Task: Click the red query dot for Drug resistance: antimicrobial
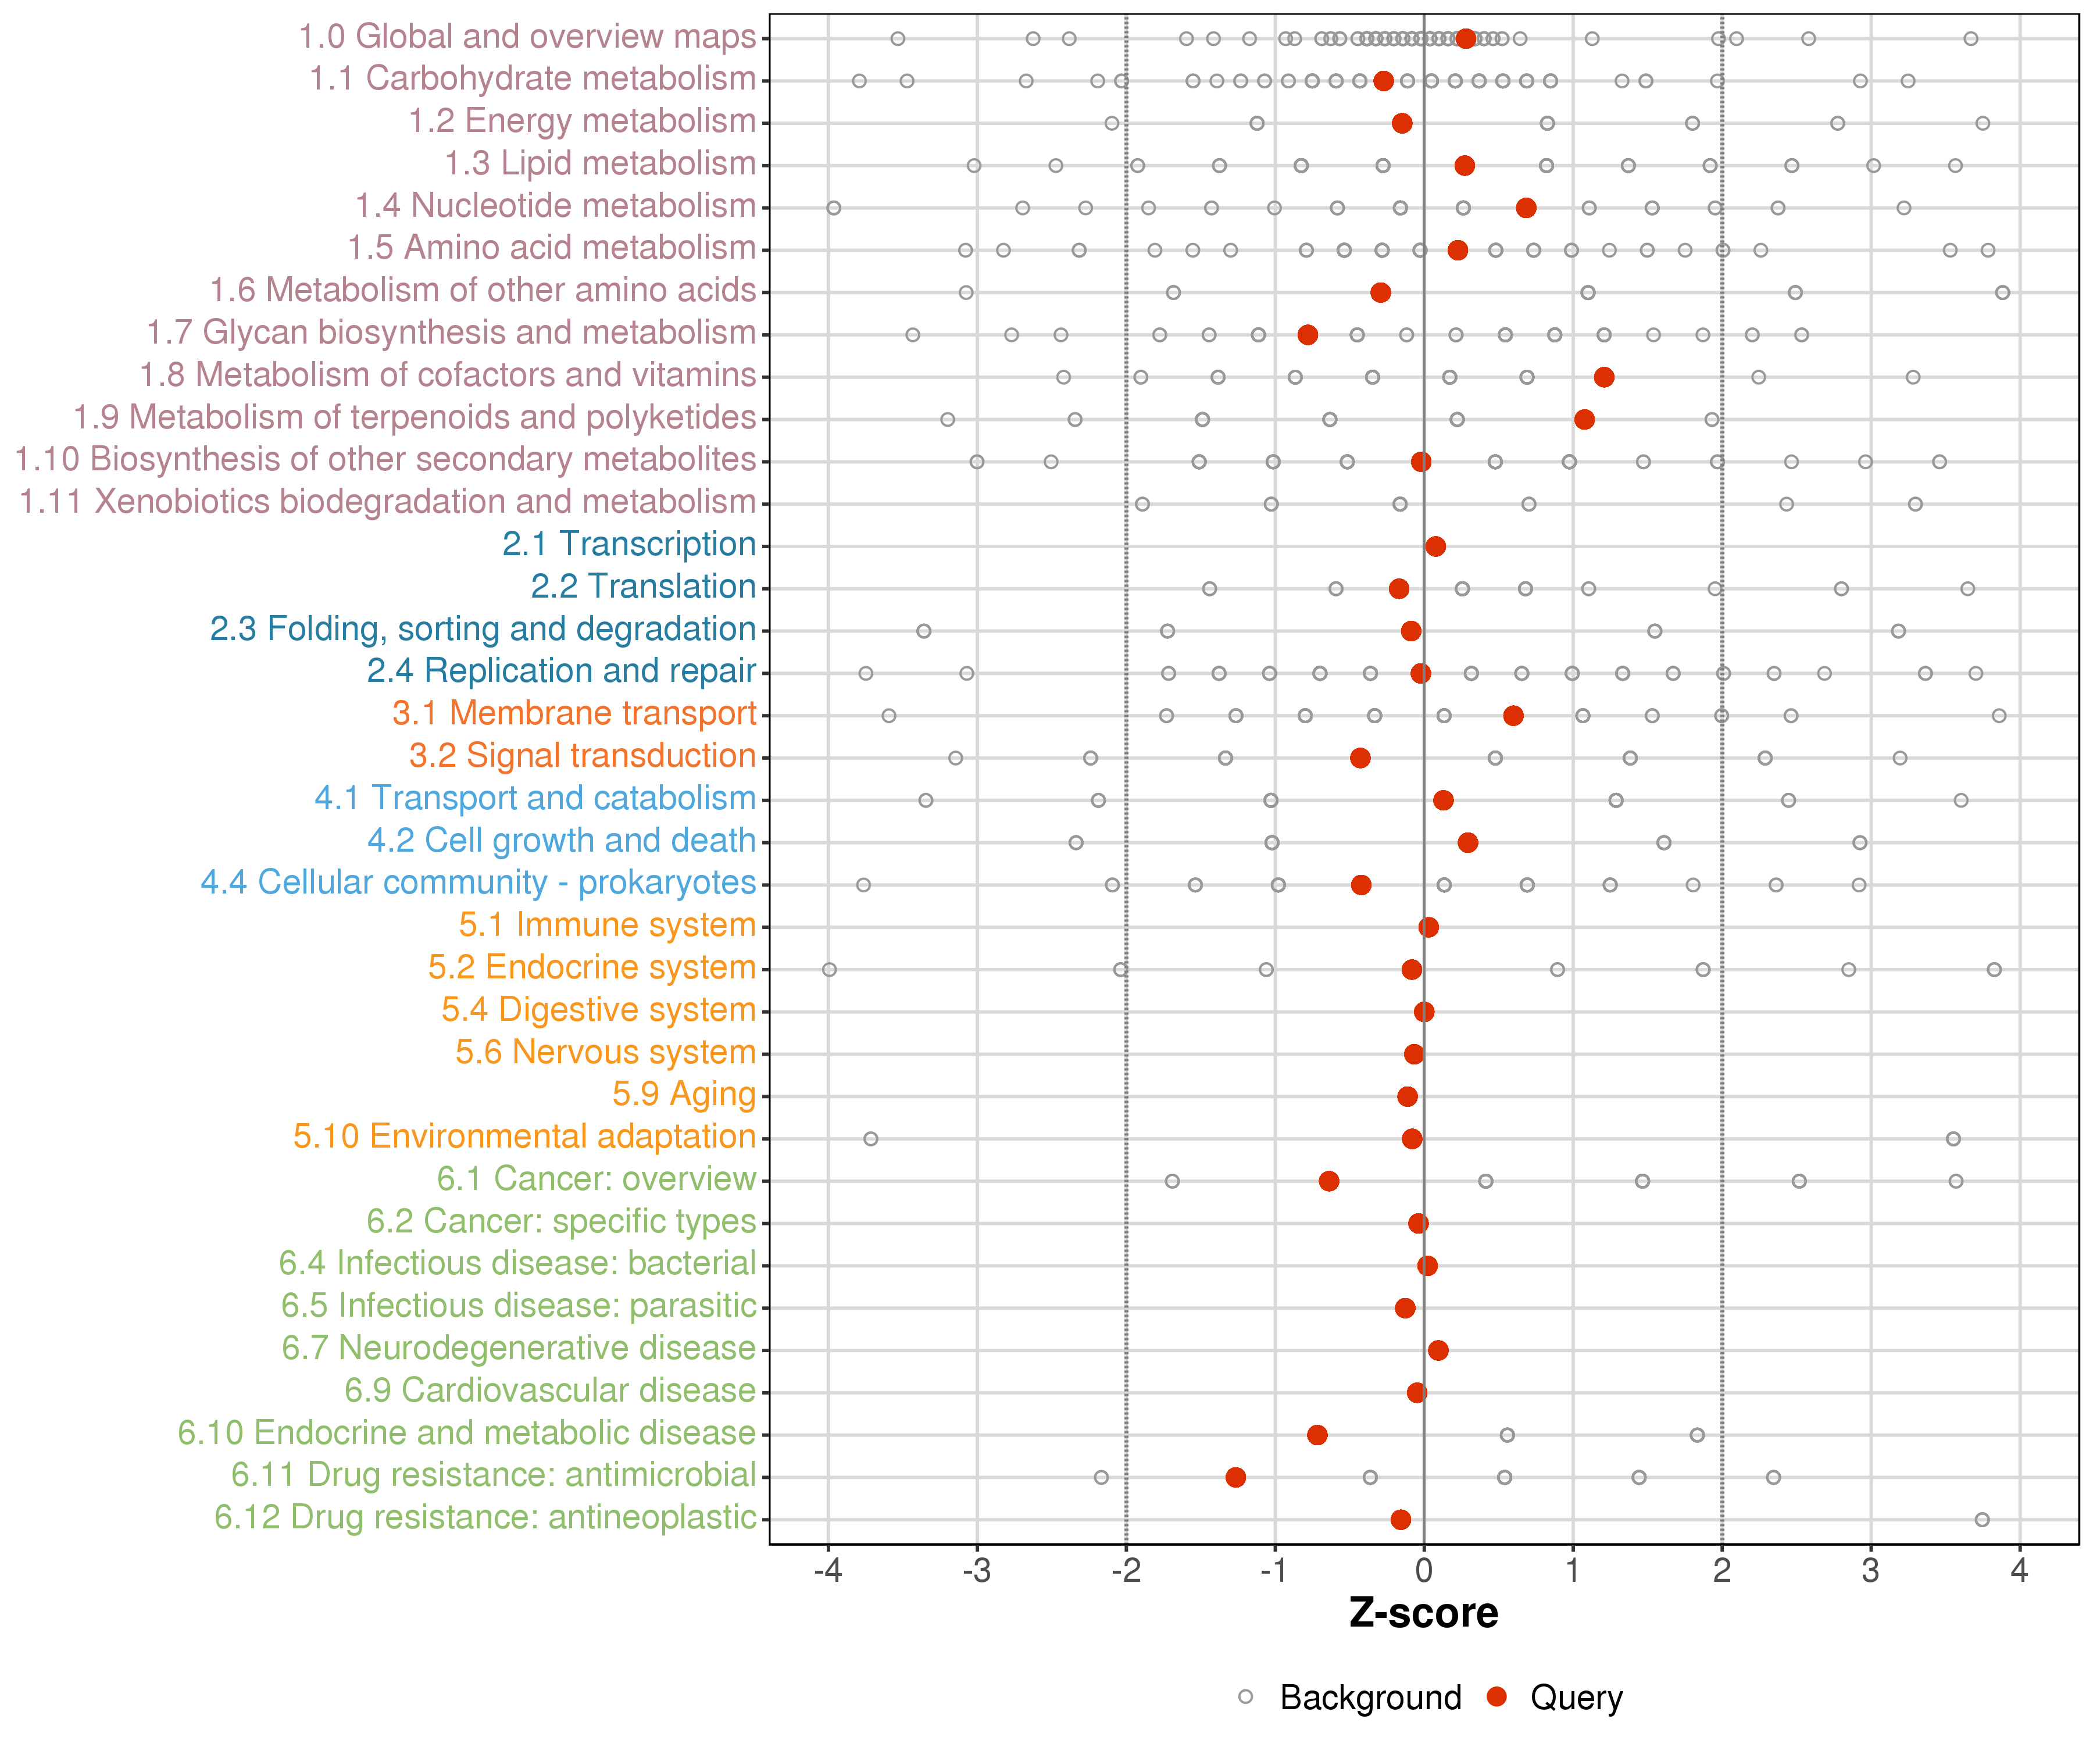coord(1235,1477)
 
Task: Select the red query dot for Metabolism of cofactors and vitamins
coord(1603,377)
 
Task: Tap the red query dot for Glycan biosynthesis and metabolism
coord(1308,335)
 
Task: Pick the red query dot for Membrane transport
coord(1513,716)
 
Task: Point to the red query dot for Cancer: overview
coord(1328,1181)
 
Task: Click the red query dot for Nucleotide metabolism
coord(1526,208)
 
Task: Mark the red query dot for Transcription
coord(1435,546)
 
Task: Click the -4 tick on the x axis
coord(827,1571)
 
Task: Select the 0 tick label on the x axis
coord(1423,1571)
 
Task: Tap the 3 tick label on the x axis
coord(1871,1571)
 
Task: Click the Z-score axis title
coord(1423,1613)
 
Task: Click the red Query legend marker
coord(1496,1697)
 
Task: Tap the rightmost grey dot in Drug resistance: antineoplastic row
coord(1983,1520)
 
